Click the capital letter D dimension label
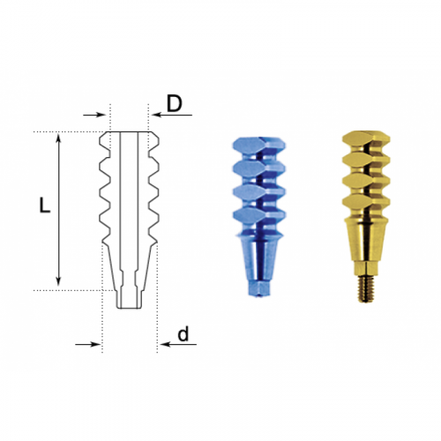click(x=175, y=103)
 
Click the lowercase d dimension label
click(x=183, y=334)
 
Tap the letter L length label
click(x=45, y=205)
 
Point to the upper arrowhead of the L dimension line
click(x=59, y=136)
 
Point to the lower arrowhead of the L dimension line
click(x=59, y=282)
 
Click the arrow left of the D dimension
click(x=94, y=115)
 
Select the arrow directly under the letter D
click(x=173, y=115)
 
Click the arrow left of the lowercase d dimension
click(x=88, y=344)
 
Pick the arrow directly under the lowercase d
click(x=178, y=344)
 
